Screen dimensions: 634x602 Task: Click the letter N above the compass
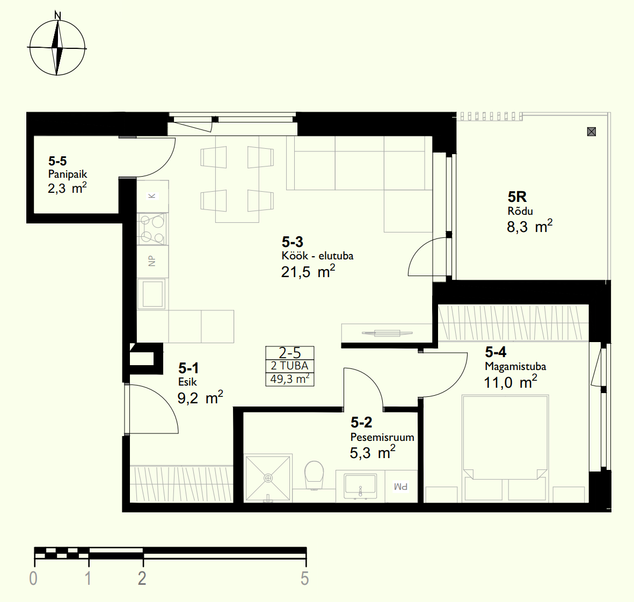coord(58,16)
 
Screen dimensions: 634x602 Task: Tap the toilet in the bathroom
coord(314,475)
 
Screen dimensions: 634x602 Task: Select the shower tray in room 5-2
coord(268,478)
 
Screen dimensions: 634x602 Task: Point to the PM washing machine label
coord(400,487)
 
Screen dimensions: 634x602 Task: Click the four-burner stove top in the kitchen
coord(152,229)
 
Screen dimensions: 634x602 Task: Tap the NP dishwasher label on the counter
coord(152,261)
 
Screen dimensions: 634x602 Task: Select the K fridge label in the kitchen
coord(152,196)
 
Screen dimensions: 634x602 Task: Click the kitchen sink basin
coord(152,294)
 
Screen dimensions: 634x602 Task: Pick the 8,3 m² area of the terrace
coord(530,226)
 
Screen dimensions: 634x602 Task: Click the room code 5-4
coord(495,352)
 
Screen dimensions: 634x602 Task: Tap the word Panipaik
coord(68,175)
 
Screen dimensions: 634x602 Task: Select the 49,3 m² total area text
coord(290,379)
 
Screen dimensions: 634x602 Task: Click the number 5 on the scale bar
coord(305,578)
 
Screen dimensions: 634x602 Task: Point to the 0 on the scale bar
coord(33,578)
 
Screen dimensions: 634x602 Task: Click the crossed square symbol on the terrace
coord(592,132)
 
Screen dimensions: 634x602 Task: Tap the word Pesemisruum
coord(382,437)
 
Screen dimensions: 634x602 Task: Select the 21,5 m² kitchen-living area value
coord(308,272)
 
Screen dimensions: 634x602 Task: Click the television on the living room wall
coord(387,333)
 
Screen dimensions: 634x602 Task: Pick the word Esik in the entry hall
coord(187,381)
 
